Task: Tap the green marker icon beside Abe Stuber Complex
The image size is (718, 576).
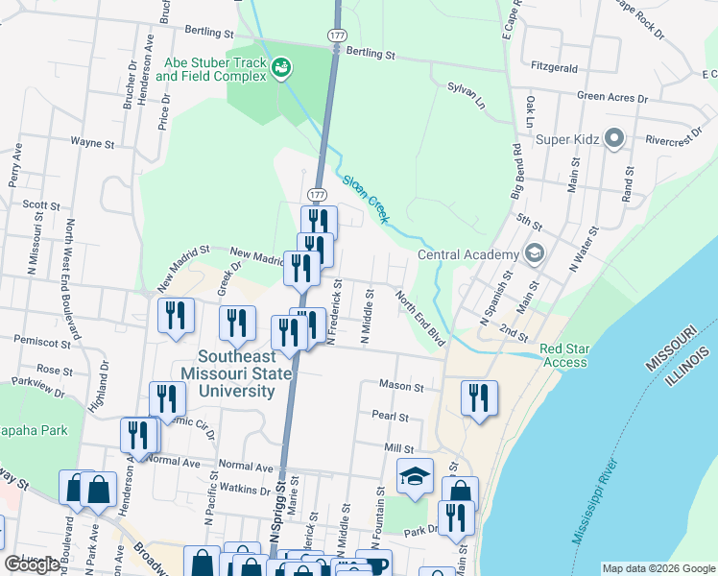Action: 282,67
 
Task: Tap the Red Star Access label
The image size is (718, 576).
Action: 564,355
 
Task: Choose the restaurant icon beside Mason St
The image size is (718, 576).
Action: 478,396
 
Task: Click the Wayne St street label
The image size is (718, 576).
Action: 93,141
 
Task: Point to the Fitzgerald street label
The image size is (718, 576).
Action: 555,68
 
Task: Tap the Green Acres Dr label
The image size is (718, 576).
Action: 612,97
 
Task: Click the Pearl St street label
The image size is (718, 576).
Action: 390,418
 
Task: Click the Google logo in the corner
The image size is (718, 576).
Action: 31,564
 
